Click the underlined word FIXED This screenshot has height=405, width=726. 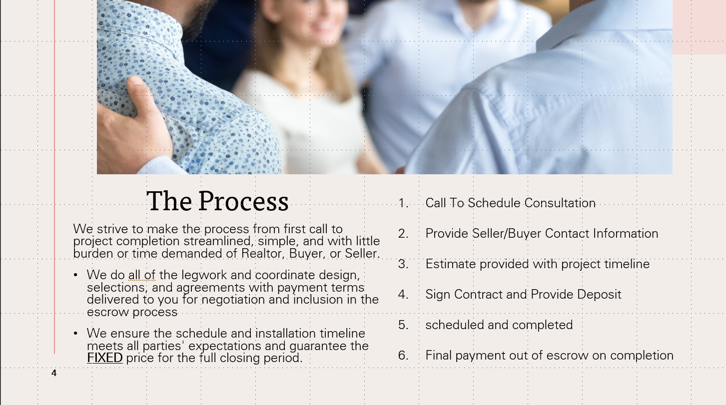105,358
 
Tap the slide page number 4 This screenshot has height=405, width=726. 54,373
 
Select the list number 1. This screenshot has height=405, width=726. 403,203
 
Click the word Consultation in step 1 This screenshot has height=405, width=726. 560,203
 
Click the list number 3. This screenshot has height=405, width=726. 403,264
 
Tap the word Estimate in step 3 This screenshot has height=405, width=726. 451,264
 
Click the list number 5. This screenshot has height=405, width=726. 403,325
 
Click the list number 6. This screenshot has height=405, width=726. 403,356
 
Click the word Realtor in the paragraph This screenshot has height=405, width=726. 263,253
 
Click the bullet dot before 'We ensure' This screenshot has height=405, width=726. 75,333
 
